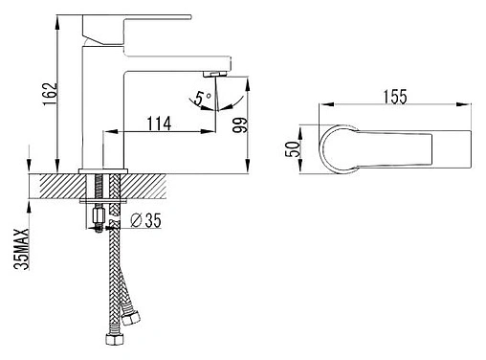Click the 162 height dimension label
pyautogui.click(x=51, y=94)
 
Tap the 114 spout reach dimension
pyautogui.click(x=159, y=124)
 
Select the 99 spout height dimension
pyautogui.click(x=240, y=125)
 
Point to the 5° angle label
pyautogui.click(x=203, y=99)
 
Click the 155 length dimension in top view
pyautogui.click(x=395, y=97)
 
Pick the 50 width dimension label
pyautogui.click(x=292, y=149)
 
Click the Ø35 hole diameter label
pyautogui.click(x=146, y=220)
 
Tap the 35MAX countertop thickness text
pyautogui.click(x=22, y=249)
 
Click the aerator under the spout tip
pyautogui.click(x=214, y=75)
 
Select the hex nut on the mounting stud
pyautogui.click(x=99, y=215)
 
